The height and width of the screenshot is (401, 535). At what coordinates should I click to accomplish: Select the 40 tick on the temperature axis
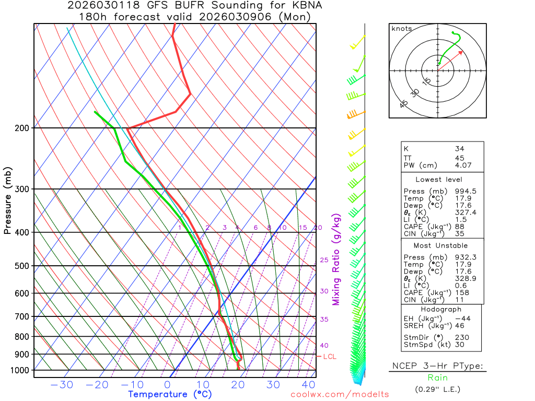pyautogui.click(x=309, y=385)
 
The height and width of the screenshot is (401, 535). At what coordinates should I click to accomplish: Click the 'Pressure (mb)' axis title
pyautogui.click(x=7, y=200)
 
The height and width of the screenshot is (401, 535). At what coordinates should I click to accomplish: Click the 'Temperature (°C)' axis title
pyautogui.click(x=170, y=394)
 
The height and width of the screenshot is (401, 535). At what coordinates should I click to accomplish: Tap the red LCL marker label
pyautogui.click(x=330, y=357)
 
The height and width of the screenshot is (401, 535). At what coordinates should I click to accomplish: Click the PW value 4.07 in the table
pyautogui.click(x=463, y=166)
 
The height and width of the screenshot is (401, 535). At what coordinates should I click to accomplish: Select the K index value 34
pyautogui.click(x=459, y=149)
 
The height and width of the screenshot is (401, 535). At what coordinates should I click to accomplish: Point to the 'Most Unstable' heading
pyautogui.click(x=440, y=245)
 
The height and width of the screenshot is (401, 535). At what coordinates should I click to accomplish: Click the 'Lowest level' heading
pyautogui.click(x=435, y=179)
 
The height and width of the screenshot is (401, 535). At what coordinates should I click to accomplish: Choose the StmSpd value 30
pyautogui.click(x=459, y=345)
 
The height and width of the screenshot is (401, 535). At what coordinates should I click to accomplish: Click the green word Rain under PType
pyautogui.click(x=437, y=378)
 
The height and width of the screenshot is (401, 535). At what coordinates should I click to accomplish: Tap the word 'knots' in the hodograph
pyautogui.click(x=401, y=29)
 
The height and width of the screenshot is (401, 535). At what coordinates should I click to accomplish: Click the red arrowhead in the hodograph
pyautogui.click(x=461, y=52)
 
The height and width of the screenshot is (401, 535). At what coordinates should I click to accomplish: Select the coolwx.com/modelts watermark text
pyautogui.click(x=340, y=394)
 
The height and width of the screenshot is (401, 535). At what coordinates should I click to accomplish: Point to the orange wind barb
pyautogui.click(x=353, y=114)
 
